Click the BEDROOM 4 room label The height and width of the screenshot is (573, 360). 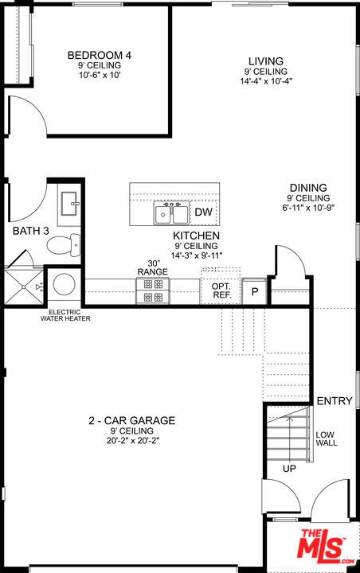click(100, 55)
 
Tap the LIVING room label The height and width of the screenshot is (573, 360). click(265, 61)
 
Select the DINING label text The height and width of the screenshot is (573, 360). click(308, 188)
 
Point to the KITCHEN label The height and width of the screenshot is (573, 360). click(197, 236)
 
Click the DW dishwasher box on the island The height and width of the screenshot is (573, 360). click(204, 212)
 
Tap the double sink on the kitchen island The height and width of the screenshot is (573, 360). click(171, 213)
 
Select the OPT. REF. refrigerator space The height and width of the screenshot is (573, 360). click(221, 290)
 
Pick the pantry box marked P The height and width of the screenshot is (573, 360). click(255, 291)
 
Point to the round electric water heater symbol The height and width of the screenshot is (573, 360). click(63, 285)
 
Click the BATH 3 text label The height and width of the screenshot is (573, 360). click(31, 231)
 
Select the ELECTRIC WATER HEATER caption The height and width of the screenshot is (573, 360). click(65, 315)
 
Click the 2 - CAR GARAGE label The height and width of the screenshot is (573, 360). click(132, 420)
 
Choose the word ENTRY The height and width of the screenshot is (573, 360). click(334, 401)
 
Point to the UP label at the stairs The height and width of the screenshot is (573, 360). click(288, 469)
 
